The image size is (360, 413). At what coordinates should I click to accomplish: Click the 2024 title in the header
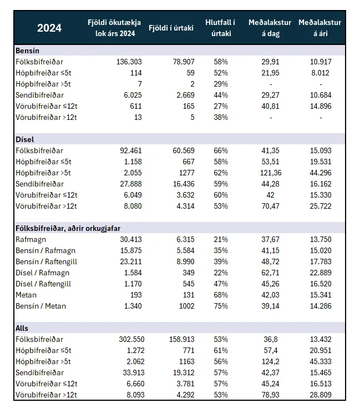[x=49, y=28]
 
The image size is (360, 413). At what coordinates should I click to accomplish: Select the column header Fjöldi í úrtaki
[x=171, y=28]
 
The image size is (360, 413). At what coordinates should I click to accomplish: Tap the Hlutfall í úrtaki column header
[x=221, y=28]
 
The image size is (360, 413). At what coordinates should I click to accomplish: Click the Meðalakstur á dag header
[x=270, y=28]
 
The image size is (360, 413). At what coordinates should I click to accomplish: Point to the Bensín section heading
[x=27, y=51]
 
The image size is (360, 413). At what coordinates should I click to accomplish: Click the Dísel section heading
[x=25, y=139]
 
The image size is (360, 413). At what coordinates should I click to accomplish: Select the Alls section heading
[x=22, y=328]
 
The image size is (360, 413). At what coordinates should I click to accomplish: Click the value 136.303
[x=129, y=62]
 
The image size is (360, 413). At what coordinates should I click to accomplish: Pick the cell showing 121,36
[x=271, y=173]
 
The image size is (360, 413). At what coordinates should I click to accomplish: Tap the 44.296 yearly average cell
[x=321, y=173]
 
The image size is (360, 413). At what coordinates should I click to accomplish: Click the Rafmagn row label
[x=31, y=239]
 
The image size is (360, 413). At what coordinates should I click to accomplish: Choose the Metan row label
[x=26, y=295]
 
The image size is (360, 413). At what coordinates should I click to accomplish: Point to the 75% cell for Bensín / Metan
[x=221, y=306]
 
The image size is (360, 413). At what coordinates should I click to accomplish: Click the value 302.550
[x=131, y=339]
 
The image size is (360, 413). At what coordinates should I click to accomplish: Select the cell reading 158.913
[x=181, y=339]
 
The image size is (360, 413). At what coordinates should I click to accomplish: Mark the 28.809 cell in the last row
[x=321, y=395]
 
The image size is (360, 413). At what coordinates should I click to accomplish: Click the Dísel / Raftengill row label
[x=43, y=284]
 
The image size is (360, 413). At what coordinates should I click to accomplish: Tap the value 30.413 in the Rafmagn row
[x=131, y=239]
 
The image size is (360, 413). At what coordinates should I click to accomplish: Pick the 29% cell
[x=221, y=84]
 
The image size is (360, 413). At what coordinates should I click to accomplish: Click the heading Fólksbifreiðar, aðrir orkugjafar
[x=68, y=228]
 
